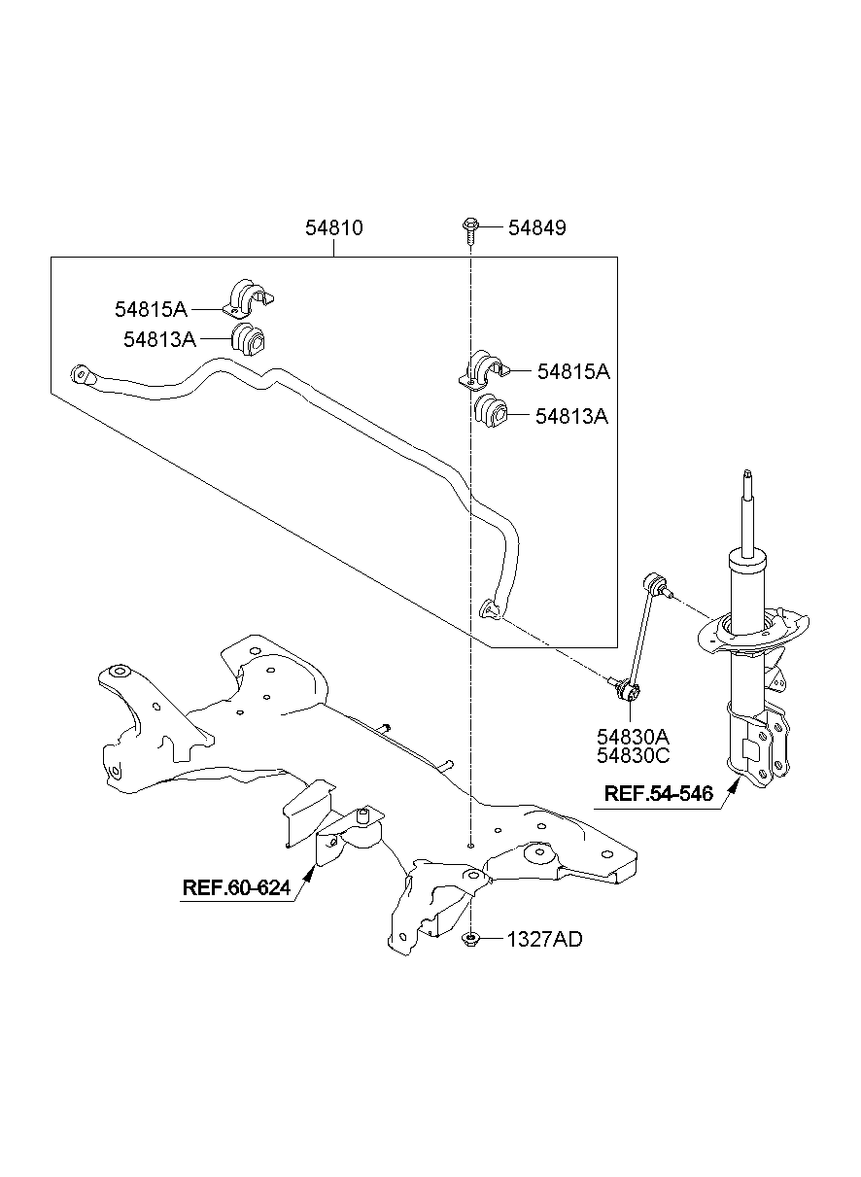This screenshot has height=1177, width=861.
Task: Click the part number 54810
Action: (333, 227)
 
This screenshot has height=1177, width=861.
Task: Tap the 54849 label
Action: (536, 227)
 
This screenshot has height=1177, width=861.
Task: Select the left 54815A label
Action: (150, 309)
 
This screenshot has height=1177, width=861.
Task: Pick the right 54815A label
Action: (573, 371)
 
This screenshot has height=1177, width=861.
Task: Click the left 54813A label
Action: (159, 338)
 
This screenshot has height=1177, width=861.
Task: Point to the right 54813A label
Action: (571, 416)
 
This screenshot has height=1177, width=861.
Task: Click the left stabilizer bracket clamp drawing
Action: (249, 298)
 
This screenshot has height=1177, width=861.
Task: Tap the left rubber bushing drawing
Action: (251, 339)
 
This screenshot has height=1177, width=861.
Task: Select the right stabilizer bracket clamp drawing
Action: (483, 370)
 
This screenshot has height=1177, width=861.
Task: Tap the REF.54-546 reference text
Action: (658, 794)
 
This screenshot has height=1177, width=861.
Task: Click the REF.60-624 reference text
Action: (236, 887)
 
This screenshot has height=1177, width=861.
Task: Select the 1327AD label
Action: (544, 939)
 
